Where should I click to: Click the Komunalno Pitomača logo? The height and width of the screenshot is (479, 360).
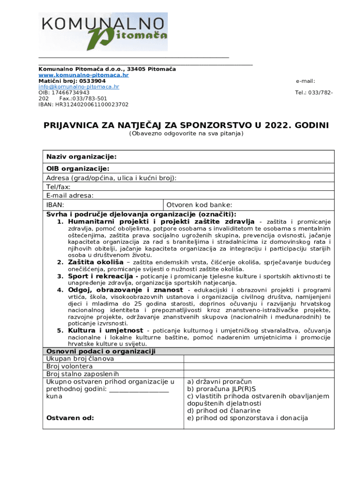[x=103, y=31]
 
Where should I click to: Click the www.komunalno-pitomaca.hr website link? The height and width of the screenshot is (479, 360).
[x=83, y=75]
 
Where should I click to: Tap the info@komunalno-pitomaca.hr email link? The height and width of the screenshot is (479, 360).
[x=79, y=87]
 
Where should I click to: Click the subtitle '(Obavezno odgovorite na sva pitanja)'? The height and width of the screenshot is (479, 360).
[x=186, y=134]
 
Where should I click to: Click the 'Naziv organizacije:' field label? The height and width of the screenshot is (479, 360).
[x=81, y=156]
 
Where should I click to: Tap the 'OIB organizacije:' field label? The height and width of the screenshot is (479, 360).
[x=78, y=168]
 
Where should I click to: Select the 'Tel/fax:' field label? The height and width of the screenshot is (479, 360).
[x=58, y=187]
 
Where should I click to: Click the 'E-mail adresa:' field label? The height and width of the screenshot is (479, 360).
[x=70, y=196]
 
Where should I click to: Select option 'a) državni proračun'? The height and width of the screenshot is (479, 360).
[x=219, y=382]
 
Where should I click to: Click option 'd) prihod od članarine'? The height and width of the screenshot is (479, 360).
[x=223, y=411]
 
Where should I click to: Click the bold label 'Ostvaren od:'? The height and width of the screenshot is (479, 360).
[x=70, y=418]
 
